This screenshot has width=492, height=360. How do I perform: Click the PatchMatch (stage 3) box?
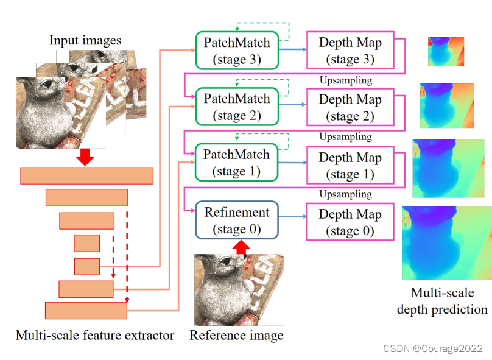[236, 51]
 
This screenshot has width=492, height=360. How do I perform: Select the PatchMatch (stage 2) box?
[236, 107]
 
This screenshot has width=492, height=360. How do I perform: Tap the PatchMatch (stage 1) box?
[236, 163]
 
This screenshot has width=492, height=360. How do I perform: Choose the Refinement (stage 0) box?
[236, 221]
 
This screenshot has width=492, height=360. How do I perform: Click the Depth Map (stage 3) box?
[350, 51]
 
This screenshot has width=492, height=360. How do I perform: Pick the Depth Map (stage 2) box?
[350, 107]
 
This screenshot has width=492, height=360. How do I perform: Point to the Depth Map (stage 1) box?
[350, 166]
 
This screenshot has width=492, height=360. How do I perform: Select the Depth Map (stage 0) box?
[350, 222]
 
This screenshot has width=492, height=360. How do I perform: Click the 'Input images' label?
[85, 41]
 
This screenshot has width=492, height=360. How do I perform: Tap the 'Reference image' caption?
[236, 336]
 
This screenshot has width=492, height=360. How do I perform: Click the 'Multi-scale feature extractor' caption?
[95, 336]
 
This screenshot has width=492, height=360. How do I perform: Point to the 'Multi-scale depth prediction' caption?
[442, 301]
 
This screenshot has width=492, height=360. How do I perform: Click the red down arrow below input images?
[86, 157]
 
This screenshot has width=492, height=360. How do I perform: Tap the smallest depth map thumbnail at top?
[446, 52]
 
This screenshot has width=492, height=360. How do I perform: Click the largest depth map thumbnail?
[446, 242]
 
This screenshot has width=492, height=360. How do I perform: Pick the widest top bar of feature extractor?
[87, 175]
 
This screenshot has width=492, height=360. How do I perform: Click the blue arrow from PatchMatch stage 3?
[292, 51]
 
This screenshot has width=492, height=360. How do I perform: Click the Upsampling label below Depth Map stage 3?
[345, 80]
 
